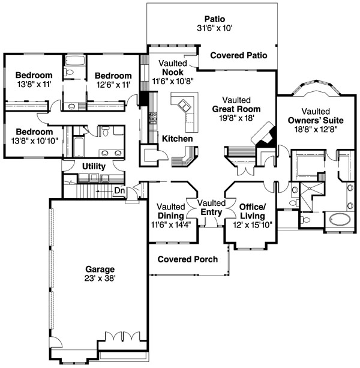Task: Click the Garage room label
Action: [x=100, y=269]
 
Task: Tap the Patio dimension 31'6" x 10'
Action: [x=215, y=28]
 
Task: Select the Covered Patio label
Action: [x=239, y=55]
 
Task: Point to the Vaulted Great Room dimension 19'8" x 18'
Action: [x=236, y=118]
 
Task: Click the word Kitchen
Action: [x=178, y=139]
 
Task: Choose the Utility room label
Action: [x=94, y=166]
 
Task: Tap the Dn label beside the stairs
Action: [x=119, y=190]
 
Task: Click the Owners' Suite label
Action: [x=316, y=121]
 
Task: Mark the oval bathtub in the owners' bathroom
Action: [x=340, y=220]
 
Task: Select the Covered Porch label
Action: [x=188, y=259]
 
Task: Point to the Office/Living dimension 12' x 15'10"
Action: [x=253, y=225]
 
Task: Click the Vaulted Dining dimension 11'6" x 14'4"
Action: [x=171, y=225]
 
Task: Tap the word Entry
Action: [x=211, y=212]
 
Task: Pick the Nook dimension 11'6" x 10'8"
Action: [x=173, y=81]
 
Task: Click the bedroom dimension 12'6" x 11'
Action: [x=113, y=85]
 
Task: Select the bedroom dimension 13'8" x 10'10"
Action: [x=34, y=141]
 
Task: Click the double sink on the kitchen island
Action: [x=184, y=105]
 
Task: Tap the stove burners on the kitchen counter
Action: [x=153, y=118]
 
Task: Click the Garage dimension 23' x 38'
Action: [x=100, y=279]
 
